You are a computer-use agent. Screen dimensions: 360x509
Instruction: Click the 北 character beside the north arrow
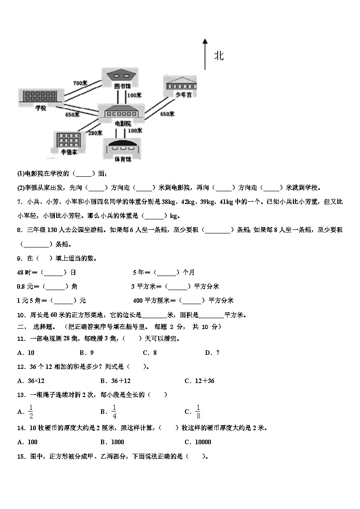point(219,56)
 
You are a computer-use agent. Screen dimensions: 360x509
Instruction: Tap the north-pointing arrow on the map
point(205,54)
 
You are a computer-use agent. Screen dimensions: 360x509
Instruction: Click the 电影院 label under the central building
point(123,123)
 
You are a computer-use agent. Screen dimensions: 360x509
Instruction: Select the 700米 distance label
point(80,83)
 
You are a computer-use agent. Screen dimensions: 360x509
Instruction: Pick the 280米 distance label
point(95,133)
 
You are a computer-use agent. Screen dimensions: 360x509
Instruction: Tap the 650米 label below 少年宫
point(167,114)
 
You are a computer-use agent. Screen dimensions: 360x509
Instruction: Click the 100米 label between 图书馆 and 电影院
point(135,95)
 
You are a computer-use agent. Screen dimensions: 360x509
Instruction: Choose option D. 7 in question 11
point(212,353)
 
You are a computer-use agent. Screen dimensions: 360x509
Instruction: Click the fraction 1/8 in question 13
point(198,411)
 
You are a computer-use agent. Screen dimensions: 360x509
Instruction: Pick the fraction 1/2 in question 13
point(31,411)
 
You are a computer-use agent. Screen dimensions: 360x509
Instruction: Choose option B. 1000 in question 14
point(112,442)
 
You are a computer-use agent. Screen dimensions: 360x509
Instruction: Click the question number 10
point(20,315)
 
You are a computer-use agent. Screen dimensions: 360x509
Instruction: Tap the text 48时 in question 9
point(25,272)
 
